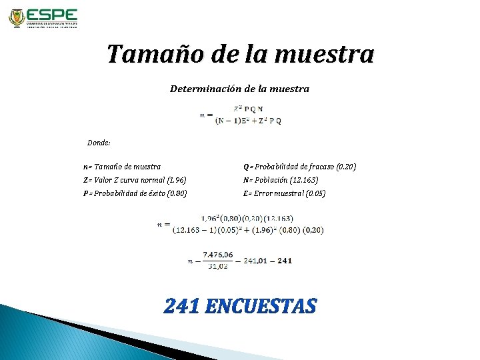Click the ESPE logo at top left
(x=43, y=18)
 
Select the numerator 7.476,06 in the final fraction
(x=218, y=254)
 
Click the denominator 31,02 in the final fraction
(x=218, y=266)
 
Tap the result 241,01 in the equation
(x=257, y=261)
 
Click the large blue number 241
(x=182, y=306)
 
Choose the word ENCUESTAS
(x=261, y=306)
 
